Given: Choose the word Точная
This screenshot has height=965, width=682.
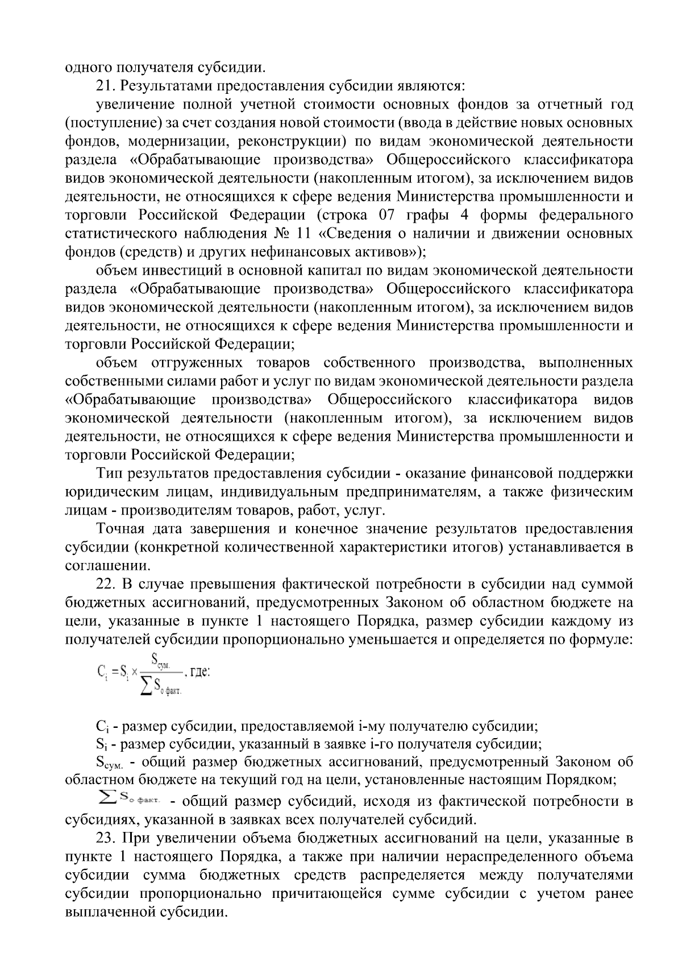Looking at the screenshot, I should coord(120,529).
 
